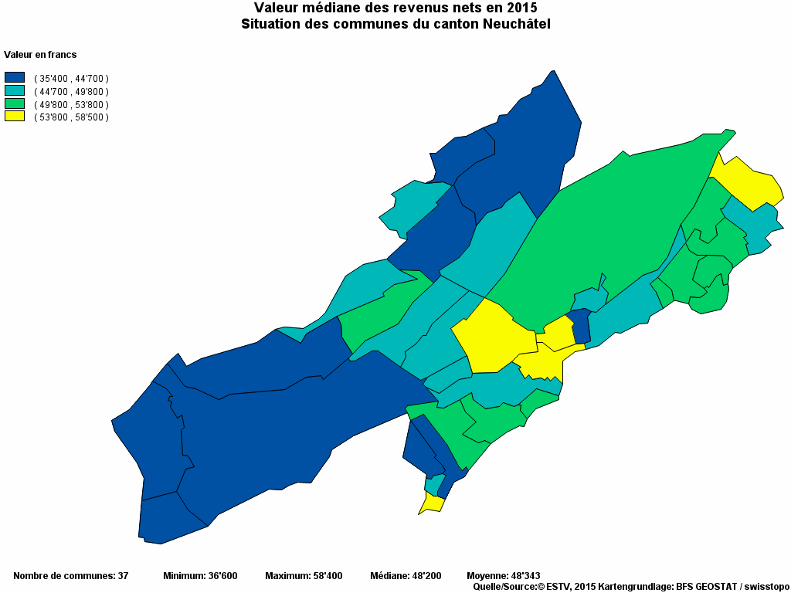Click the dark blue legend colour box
[15, 77]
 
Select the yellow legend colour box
[15, 116]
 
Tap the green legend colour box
[15, 103]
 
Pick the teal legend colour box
[15, 90]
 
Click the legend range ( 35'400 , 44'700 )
[71, 78]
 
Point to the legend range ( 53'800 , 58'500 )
[71, 117]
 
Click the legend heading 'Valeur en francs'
[40, 55]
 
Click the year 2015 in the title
[521, 8]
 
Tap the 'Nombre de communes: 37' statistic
[70, 575]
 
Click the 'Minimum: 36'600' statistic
[200, 575]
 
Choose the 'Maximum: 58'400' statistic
[304, 575]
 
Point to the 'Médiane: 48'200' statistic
[406, 575]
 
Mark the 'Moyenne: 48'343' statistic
[504, 575]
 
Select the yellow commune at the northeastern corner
[749, 181]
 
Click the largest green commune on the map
[610, 224]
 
